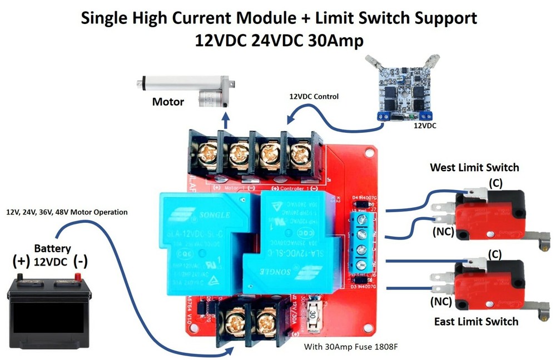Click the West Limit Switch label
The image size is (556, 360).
click(474, 167)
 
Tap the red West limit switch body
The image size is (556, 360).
click(489, 214)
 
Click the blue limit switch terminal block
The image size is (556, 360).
click(362, 242)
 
